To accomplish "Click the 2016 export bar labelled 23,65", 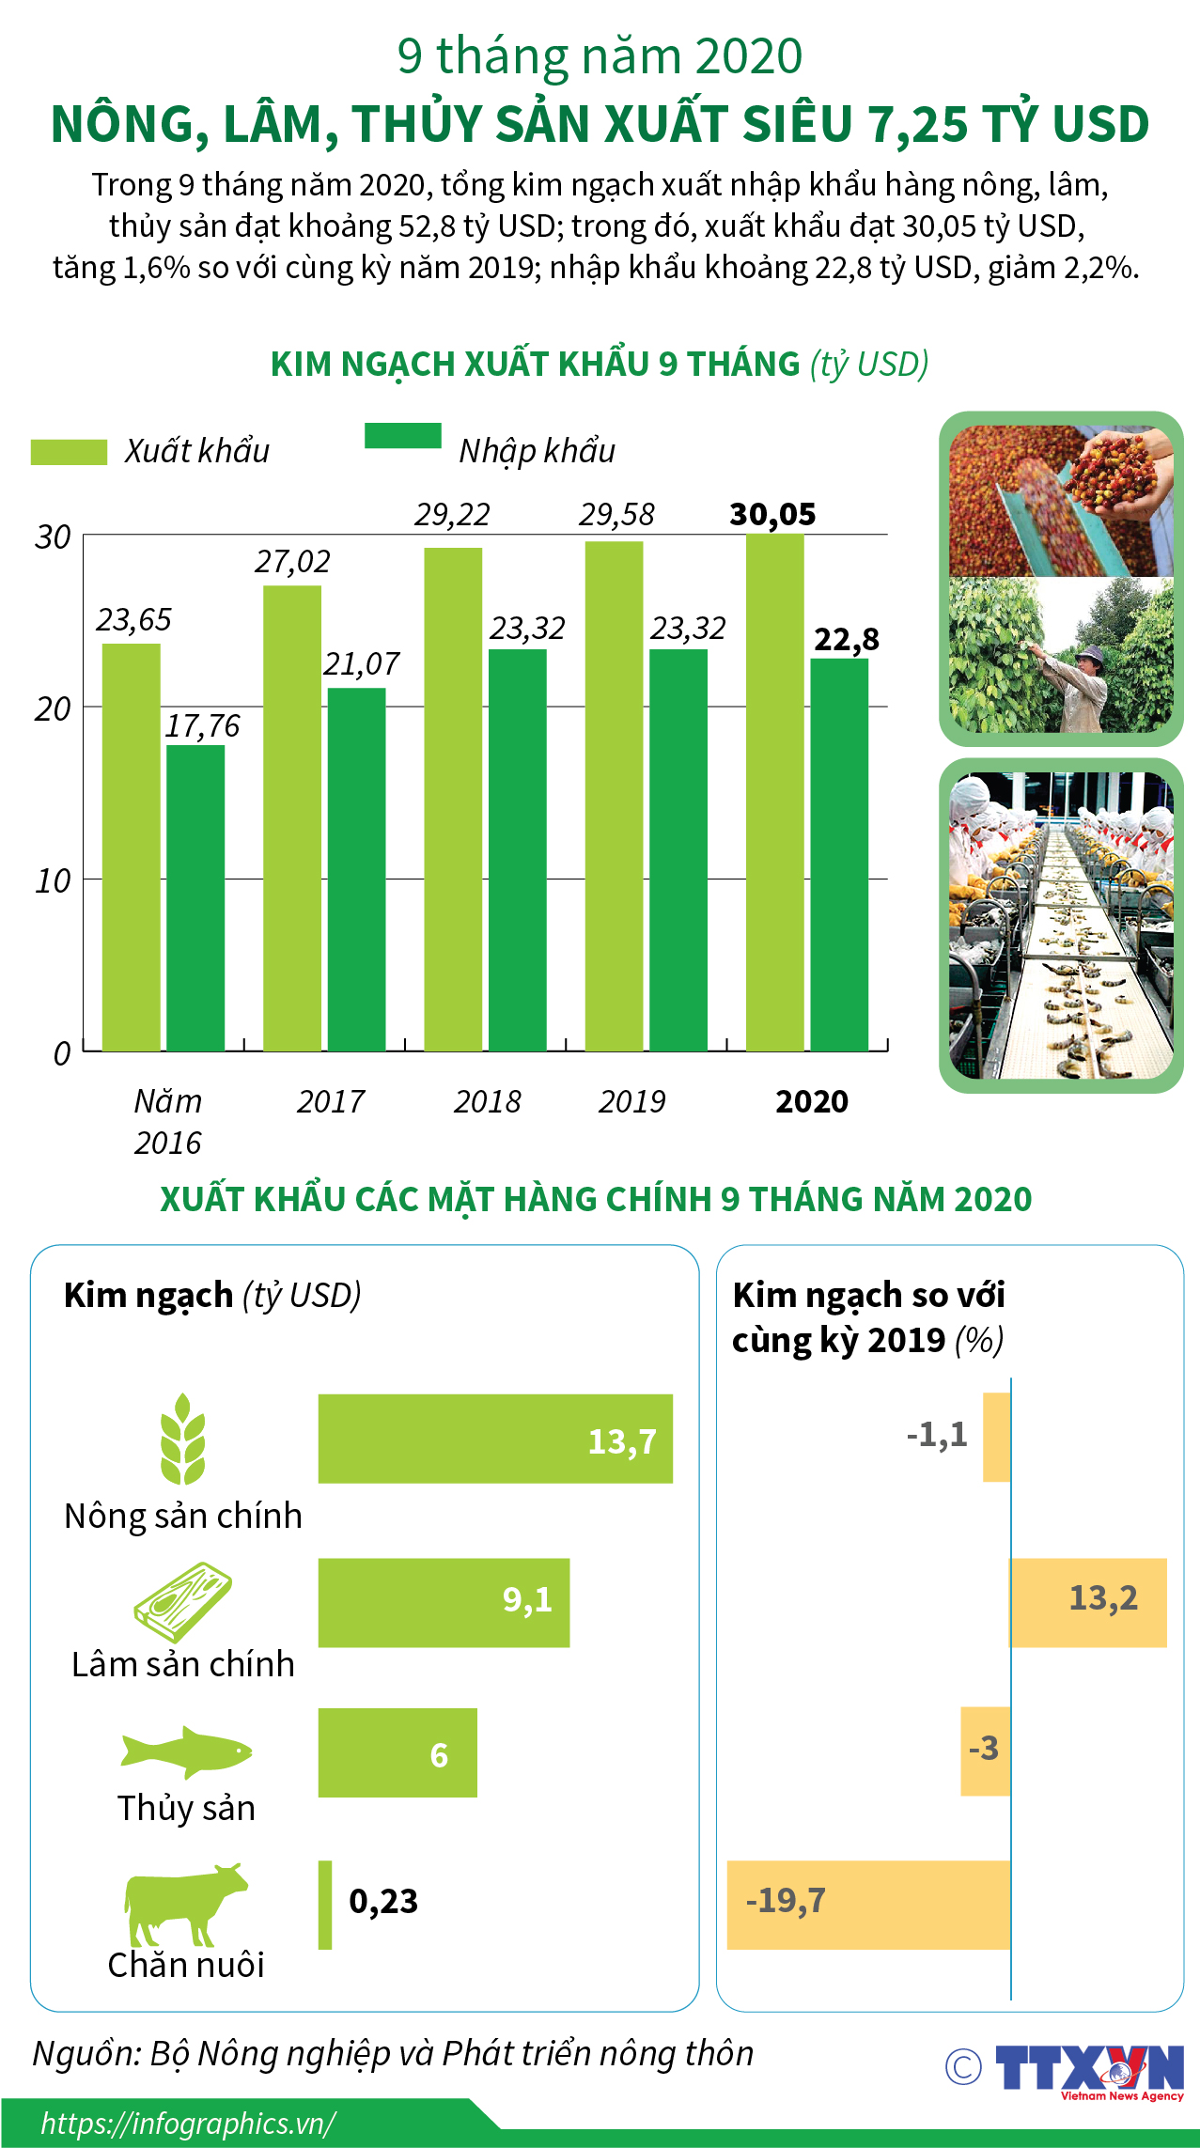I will (x=131, y=847).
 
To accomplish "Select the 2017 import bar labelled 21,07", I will (x=356, y=869).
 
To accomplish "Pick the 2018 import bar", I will (x=517, y=849).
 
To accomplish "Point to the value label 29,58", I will (x=616, y=515).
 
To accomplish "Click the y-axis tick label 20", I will (x=53, y=709).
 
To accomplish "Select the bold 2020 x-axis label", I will (x=812, y=1101).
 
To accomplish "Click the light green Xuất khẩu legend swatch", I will (x=69, y=452).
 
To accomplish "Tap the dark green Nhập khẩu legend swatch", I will (x=402, y=436).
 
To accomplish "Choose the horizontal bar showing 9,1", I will (x=444, y=1603).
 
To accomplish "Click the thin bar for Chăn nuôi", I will (x=325, y=1905).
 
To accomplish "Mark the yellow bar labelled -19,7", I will (x=868, y=1905).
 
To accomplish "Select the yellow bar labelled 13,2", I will (x=1088, y=1603).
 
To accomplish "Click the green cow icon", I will (x=184, y=1905).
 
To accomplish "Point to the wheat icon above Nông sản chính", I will (x=182, y=1439).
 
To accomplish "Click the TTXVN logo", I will (x=1088, y=2068).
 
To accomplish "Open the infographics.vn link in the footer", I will (x=188, y=2124).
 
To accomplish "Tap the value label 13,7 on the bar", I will (x=622, y=1441).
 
